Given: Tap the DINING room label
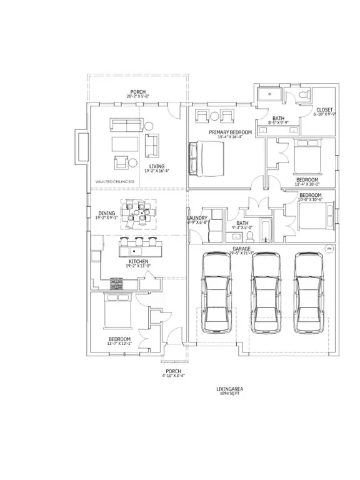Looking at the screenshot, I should pos(106,214).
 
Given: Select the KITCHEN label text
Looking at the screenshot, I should pos(138,262).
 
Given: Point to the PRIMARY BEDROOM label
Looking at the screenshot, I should pos(231,132).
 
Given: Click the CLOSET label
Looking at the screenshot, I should pos(324,110).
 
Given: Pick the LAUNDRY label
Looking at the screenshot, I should pos(197,218).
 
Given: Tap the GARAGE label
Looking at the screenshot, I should pos(242,249).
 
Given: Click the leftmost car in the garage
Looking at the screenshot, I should pos(214,294).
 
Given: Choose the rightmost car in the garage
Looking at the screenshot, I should pos(311,294).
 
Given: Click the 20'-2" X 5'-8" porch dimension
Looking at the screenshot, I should pos(137,96).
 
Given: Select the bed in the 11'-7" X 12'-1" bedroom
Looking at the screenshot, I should pos(116,310).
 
